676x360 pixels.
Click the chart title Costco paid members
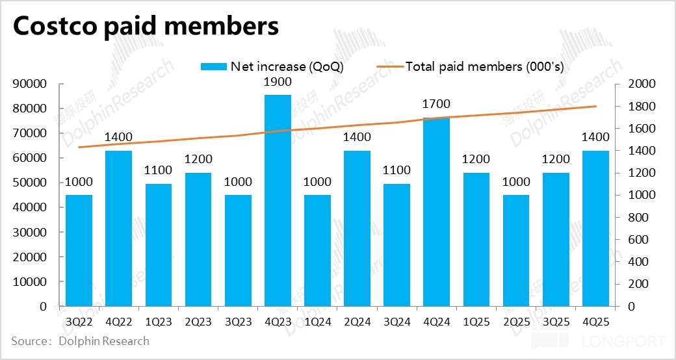point(146,27)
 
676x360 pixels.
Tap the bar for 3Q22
point(79,250)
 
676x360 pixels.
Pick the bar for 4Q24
point(436,212)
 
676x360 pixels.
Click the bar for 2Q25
point(516,250)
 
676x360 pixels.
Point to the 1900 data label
point(278,83)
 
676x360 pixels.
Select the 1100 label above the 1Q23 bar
point(159,171)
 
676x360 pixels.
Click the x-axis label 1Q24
point(317,320)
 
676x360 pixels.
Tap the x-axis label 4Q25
point(595,320)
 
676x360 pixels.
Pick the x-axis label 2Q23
point(198,320)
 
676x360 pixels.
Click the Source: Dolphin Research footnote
point(80,341)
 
